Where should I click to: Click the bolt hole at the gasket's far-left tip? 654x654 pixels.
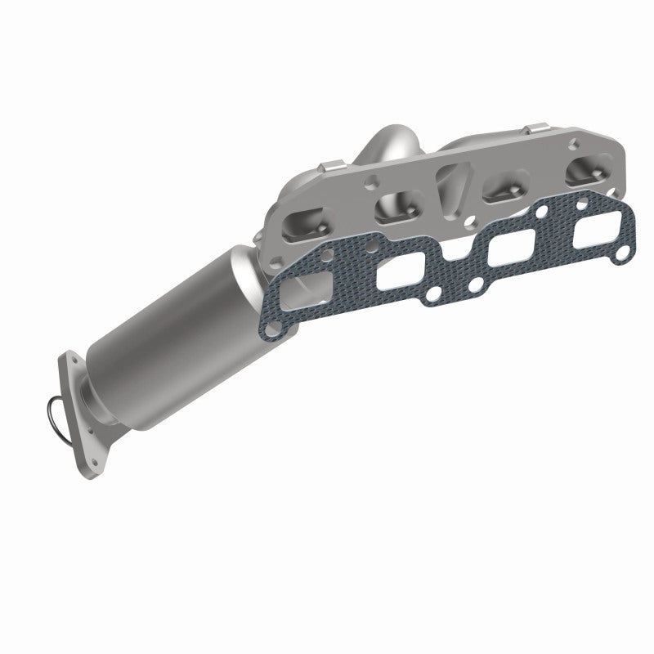[280, 322]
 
